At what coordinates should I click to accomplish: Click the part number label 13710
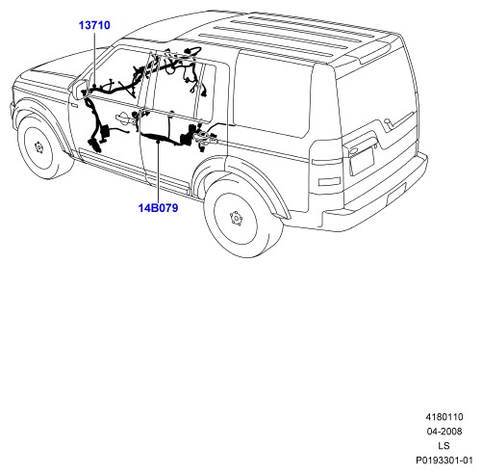point(94,25)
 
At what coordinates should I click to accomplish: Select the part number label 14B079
point(158,208)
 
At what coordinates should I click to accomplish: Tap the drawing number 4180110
point(444,417)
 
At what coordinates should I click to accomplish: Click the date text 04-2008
point(444,431)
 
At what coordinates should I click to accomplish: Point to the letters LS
point(444,445)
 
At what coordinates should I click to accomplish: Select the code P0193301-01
point(444,461)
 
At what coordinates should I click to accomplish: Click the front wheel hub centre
point(38,147)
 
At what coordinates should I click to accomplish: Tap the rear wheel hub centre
point(236,219)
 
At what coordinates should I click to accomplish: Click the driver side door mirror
point(80,89)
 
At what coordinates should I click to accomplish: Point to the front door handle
point(123,118)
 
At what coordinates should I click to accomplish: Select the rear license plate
point(362,160)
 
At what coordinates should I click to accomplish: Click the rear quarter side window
point(272,93)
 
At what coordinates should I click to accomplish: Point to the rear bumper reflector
point(396,193)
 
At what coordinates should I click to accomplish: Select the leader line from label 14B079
point(158,171)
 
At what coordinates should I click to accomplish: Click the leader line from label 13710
point(94,58)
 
